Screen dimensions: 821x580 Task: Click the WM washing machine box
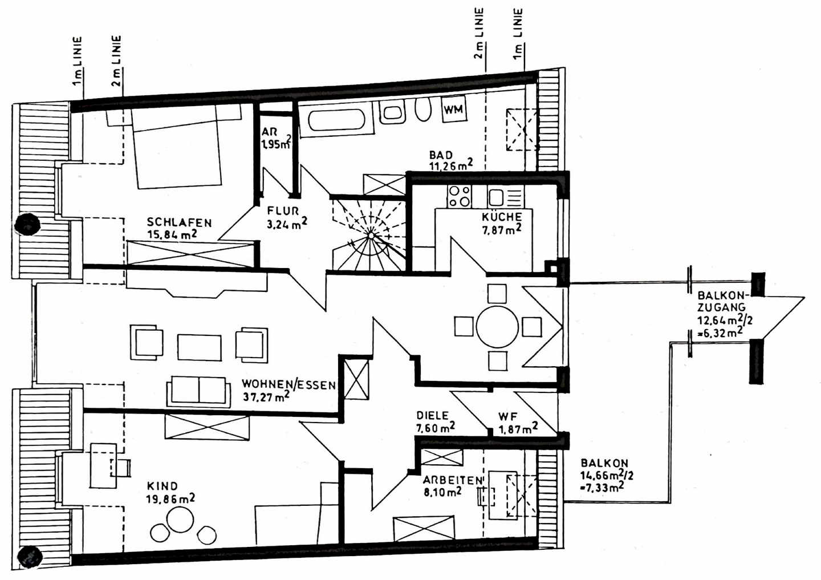(x=454, y=109)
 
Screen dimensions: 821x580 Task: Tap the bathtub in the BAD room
(x=336, y=120)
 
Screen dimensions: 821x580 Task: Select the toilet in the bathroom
(x=423, y=109)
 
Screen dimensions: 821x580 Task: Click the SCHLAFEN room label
(x=179, y=222)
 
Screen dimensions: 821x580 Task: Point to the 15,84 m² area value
(x=172, y=234)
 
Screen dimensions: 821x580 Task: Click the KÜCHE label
(x=502, y=216)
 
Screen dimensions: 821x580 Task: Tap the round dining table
(x=497, y=326)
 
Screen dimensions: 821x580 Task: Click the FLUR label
(x=283, y=211)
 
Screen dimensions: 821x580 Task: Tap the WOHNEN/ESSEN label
(x=288, y=385)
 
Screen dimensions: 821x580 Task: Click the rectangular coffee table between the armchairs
(x=200, y=347)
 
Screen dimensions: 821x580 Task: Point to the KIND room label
(x=162, y=486)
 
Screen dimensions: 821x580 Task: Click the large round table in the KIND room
(x=180, y=520)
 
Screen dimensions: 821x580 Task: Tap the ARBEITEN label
(x=453, y=480)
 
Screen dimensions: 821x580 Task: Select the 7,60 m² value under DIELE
(x=436, y=427)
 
